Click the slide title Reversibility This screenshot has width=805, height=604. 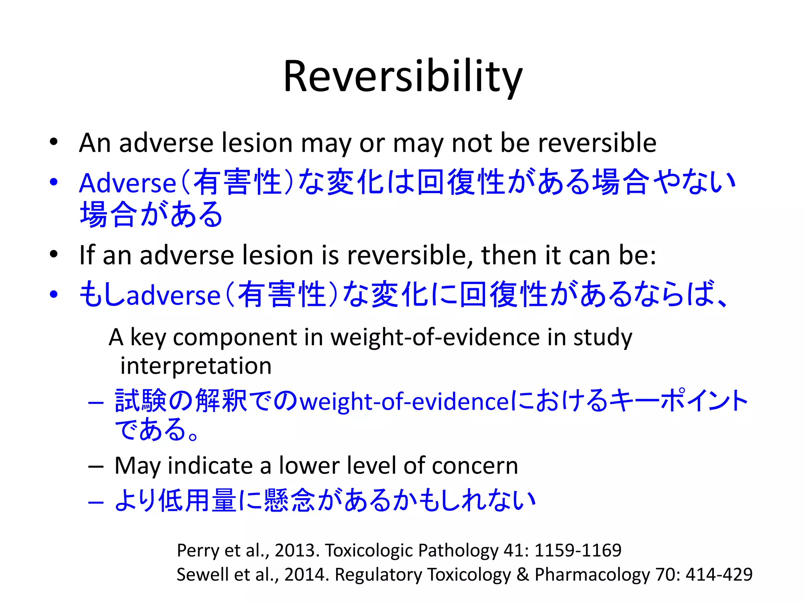402,77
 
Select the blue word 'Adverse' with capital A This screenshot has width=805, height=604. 128,183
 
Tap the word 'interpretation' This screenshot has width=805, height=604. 196,366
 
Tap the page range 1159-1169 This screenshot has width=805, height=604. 578,550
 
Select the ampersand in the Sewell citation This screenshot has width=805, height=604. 523,575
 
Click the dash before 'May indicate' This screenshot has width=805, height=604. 96,467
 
